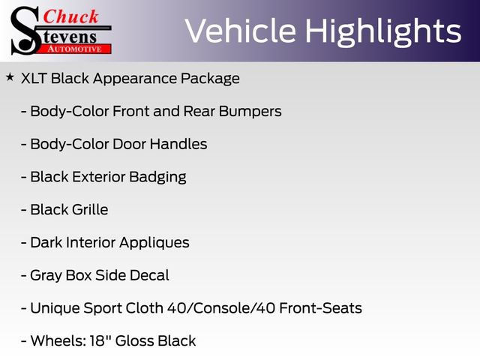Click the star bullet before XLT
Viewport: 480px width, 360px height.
click(10, 77)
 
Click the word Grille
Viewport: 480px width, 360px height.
click(88, 210)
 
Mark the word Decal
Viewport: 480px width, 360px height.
click(148, 275)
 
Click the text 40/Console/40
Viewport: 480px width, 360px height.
click(226, 308)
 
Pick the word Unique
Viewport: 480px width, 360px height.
click(55, 308)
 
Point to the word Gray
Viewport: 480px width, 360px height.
click(46, 276)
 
